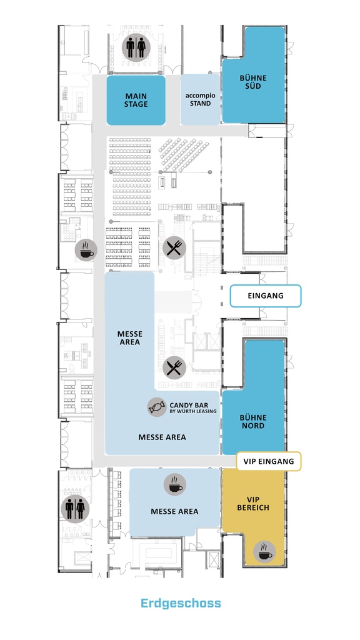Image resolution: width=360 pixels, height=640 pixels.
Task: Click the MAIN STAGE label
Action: pyautogui.click(x=136, y=100)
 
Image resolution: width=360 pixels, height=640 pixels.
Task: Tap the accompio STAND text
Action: pyautogui.click(x=200, y=99)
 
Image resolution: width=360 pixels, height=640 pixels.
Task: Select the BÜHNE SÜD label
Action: pyautogui.click(x=253, y=82)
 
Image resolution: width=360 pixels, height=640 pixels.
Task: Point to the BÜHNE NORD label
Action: pyautogui.click(x=253, y=422)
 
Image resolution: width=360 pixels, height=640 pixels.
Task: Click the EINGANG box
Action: pyautogui.click(x=266, y=296)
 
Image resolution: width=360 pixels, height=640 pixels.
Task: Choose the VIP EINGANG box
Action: pyautogui.click(x=269, y=461)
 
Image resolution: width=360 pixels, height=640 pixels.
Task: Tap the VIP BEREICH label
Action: pyautogui.click(x=253, y=504)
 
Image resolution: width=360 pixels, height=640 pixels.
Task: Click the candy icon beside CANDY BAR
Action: pyautogui.click(x=157, y=407)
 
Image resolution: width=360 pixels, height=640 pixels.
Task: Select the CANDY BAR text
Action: pyautogui.click(x=189, y=405)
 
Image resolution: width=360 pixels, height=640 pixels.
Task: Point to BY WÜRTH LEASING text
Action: pyautogui.click(x=193, y=411)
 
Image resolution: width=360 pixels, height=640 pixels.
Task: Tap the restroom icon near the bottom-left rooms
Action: pyautogui.click(x=75, y=509)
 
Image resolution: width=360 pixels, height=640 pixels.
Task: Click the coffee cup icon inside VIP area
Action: pyautogui.click(x=264, y=551)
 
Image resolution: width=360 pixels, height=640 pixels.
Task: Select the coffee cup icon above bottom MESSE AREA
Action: pyautogui.click(x=175, y=485)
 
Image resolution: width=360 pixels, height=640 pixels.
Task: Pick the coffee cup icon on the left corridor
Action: pyautogui.click(x=86, y=250)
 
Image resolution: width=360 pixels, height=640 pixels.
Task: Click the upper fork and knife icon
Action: pyautogui.click(x=174, y=247)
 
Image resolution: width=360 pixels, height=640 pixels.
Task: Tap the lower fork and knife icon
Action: pyautogui.click(x=174, y=367)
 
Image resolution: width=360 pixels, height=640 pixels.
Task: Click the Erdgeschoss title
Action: pyautogui.click(x=181, y=603)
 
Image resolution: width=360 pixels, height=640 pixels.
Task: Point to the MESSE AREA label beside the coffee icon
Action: pyautogui.click(x=175, y=511)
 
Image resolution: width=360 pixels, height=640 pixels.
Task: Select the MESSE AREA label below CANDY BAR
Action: pyautogui.click(x=162, y=437)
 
